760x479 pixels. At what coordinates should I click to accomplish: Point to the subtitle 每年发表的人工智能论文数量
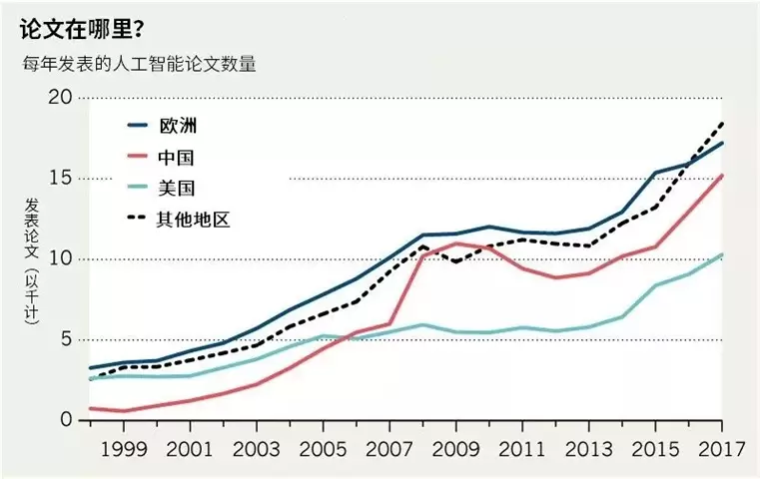tap(140, 66)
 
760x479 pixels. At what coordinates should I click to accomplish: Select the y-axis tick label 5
tap(65, 339)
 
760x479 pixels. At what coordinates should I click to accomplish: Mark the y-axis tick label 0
tap(65, 420)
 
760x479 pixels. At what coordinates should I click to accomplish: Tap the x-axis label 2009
tap(455, 449)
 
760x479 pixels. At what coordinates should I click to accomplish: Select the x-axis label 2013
tap(587, 449)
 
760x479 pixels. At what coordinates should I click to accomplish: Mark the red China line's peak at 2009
tap(455, 242)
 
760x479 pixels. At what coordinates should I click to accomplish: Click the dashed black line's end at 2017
tap(722, 123)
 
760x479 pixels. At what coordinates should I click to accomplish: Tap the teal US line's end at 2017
tap(722, 254)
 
